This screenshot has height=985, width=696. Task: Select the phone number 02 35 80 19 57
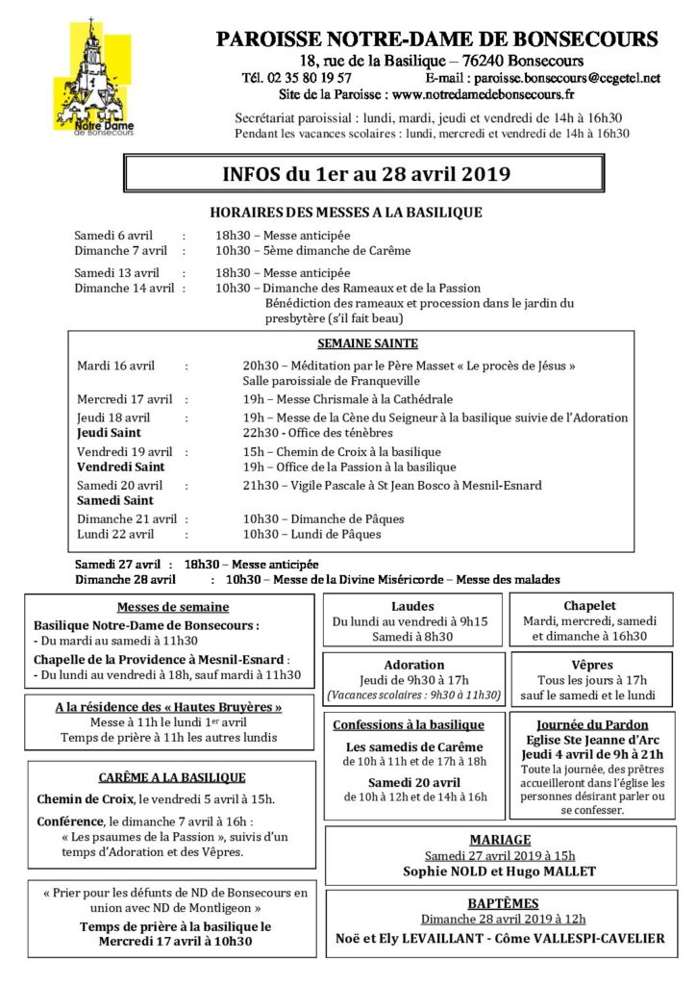309,78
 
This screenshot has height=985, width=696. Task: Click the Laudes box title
413,607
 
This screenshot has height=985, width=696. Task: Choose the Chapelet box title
589,607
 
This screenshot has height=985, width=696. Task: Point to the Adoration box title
413,665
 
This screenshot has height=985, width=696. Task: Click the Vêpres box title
590,665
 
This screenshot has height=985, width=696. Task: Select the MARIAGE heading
499,840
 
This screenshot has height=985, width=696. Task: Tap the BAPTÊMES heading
499,904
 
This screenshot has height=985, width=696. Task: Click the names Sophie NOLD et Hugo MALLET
499,871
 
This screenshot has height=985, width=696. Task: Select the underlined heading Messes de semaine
173,607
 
